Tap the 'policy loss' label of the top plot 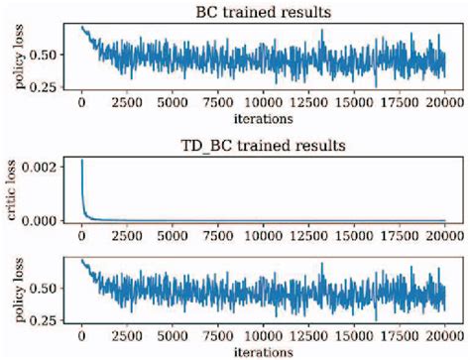pyautogui.click(x=17, y=59)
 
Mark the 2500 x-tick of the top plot pyautogui.click(x=127, y=100)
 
